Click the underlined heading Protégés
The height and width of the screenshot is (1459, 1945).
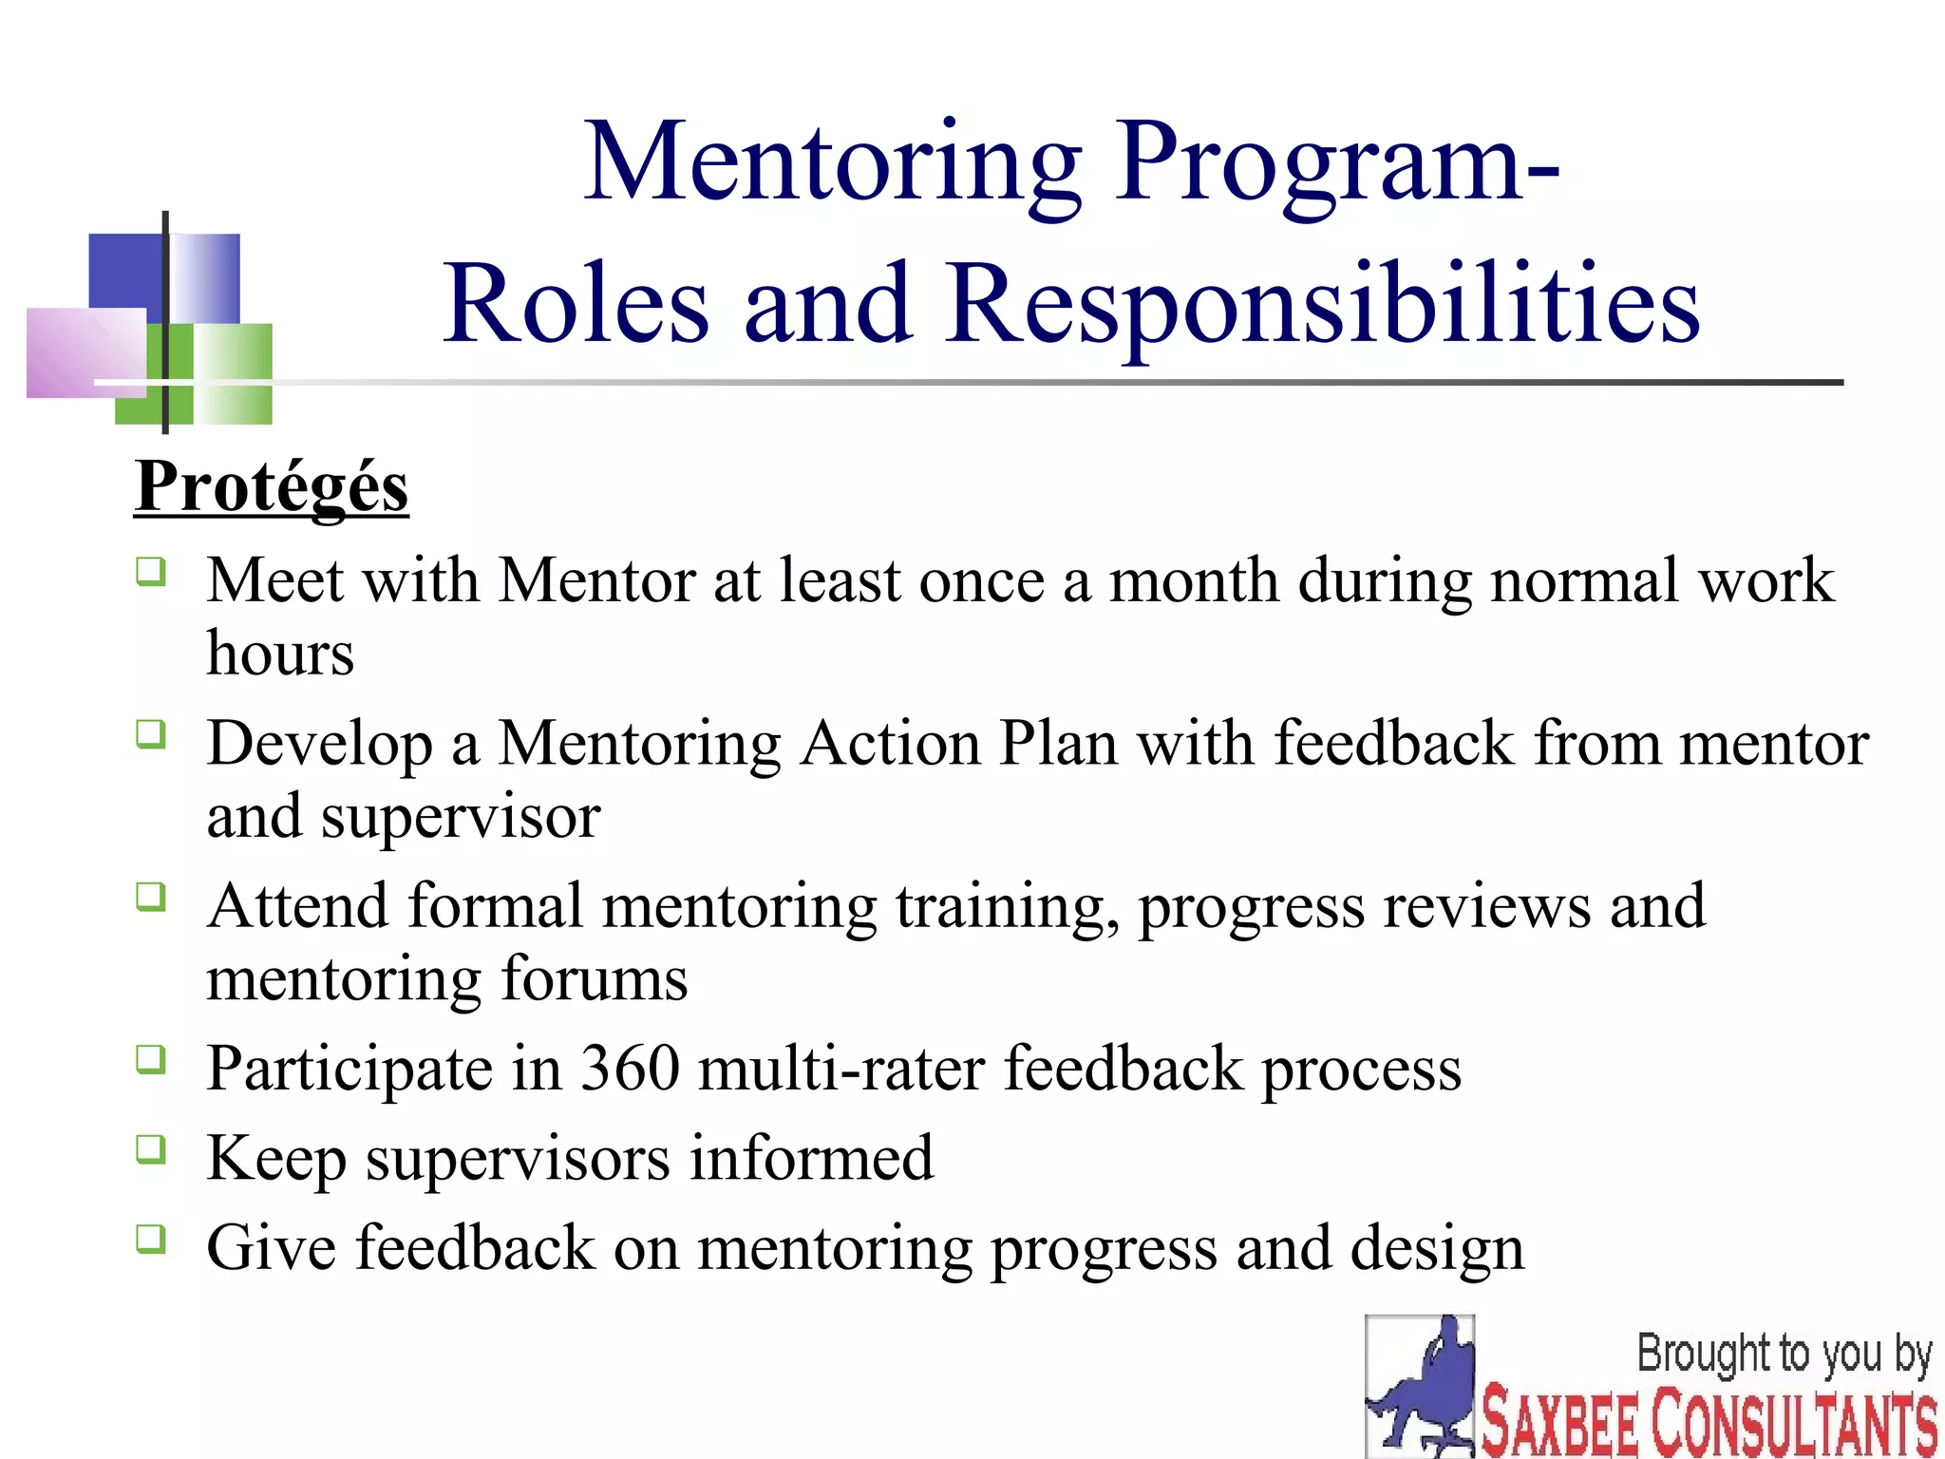[x=271, y=487]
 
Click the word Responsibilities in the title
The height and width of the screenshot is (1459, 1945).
[x=1322, y=304]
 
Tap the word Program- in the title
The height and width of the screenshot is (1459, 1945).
[x=1336, y=163]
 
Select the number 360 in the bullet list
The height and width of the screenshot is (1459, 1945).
[x=630, y=1069]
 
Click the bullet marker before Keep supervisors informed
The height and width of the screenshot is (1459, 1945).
[x=150, y=1149]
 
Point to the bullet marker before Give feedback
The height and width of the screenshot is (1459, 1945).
[x=150, y=1239]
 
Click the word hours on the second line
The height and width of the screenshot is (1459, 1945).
[x=280, y=654]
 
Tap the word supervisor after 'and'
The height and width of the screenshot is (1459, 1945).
[x=460, y=817]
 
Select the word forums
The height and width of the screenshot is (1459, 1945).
[x=594, y=979]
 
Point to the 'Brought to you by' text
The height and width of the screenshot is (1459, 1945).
[x=1784, y=1354]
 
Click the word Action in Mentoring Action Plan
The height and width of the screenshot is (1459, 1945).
[x=891, y=743]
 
